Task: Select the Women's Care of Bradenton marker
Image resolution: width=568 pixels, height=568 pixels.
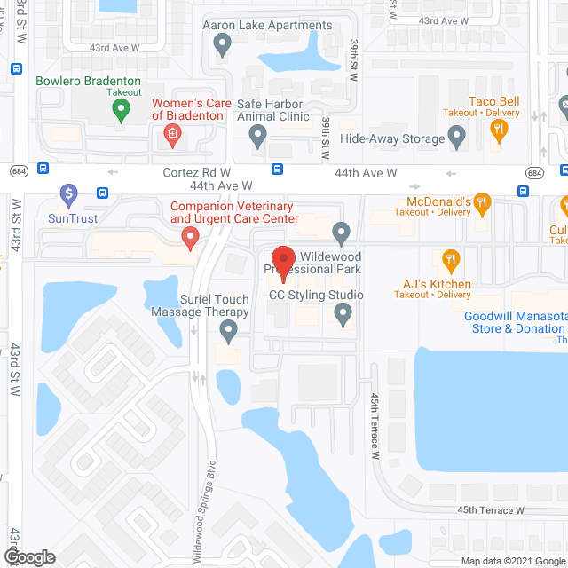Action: pos(172,136)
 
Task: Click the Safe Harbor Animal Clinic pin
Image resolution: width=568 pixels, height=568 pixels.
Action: pos(257,136)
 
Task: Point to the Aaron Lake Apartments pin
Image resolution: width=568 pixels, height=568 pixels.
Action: pos(224,42)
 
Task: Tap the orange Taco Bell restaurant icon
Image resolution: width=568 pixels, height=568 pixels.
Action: pos(499,130)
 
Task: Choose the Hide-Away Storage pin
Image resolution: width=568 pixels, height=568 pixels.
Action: pos(457,138)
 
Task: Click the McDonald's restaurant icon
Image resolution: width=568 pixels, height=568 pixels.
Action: pos(482,205)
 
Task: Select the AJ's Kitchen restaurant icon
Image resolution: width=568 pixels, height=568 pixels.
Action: pos(451,260)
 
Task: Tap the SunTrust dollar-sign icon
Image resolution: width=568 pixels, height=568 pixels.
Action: pos(68,193)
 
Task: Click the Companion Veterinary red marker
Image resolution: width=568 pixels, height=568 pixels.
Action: pos(189,237)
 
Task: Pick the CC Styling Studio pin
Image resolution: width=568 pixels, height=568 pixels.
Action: pos(343,312)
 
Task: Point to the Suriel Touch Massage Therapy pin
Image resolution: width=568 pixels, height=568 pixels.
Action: pos(228,332)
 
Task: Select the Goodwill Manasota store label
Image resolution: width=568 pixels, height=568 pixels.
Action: pos(515,322)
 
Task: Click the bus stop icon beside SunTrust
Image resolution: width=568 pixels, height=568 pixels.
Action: pos(102,192)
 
